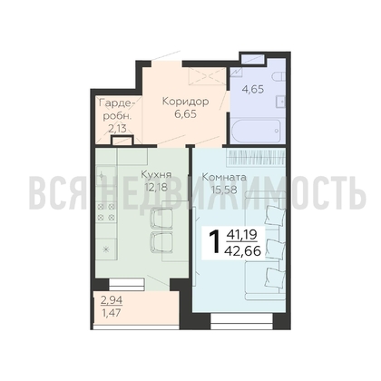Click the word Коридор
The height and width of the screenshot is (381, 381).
[185, 102]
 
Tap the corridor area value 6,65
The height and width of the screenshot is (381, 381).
[186, 114]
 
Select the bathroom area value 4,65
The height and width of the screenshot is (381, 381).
[253, 90]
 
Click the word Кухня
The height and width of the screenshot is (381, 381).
[156, 175]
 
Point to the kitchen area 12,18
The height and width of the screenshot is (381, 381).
[156, 188]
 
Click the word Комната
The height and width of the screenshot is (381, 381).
[224, 177]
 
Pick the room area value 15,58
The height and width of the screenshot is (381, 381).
[224, 190]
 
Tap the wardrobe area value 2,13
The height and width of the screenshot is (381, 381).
[117, 129]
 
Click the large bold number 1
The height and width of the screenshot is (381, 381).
[216, 241]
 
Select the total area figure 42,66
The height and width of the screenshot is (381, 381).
[243, 250]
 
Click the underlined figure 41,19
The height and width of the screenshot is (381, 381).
[241, 235]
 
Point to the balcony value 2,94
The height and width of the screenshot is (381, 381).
[112, 300]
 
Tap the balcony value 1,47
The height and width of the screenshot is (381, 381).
[111, 312]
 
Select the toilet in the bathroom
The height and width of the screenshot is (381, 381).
[278, 76]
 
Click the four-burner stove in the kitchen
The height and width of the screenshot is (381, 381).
[106, 211]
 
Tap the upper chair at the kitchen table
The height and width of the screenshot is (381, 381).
[161, 217]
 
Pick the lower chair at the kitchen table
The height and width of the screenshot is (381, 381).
[161, 242]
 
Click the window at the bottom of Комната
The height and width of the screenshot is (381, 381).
[241, 321]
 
